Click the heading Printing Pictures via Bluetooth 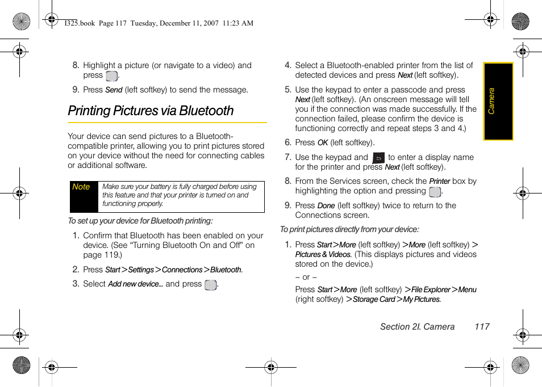[x=151, y=111]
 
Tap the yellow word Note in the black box [x=81, y=187]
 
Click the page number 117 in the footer [x=482, y=326]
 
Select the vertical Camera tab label [x=492, y=100]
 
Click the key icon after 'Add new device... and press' [x=210, y=285]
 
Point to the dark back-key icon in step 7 [x=378, y=158]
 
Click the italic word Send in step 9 [x=114, y=90]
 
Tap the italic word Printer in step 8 [x=439, y=182]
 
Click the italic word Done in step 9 [x=326, y=206]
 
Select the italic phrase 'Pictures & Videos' [x=323, y=255]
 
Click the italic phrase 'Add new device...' [x=135, y=284]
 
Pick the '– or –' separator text [x=306, y=277]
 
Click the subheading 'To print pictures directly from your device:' [x=349, y=229]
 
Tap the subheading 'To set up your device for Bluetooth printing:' [x=140, y=221]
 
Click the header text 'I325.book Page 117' [x=95, y=23]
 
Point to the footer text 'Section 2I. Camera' [x=417, y=326]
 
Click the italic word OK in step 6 [x=323, y=143]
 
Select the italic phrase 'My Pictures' [x=421, y=300]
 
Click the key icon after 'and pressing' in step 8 [x=435, y=192]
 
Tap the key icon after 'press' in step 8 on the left [x=111, y=76]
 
